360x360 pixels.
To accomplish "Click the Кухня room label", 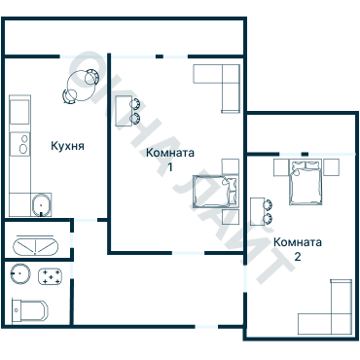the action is (67, 146).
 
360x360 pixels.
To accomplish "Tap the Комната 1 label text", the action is (170, 160).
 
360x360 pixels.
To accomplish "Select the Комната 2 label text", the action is (298, 249).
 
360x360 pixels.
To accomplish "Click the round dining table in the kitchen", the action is (80, 86).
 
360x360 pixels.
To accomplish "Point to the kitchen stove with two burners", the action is (19, 144).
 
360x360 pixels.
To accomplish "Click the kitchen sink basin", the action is (41, 205).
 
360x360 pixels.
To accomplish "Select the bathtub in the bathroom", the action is (35, 247).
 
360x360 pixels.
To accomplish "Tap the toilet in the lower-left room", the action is (29, 310).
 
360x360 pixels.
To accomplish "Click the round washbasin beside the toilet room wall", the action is (20, 273).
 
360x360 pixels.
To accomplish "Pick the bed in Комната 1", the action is (216, 192).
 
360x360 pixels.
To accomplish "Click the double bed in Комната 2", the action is (306, 182).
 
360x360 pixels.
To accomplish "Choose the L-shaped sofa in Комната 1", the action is (224, 81).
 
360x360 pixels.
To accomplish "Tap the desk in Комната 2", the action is (258, 211).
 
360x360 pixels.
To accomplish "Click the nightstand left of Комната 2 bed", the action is (281, 167).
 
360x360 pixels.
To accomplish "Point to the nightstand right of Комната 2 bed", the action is (331, 167).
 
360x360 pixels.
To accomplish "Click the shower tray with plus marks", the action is (51, 276).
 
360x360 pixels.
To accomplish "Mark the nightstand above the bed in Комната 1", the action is (231, 166).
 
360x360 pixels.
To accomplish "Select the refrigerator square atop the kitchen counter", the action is (19, 112).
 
